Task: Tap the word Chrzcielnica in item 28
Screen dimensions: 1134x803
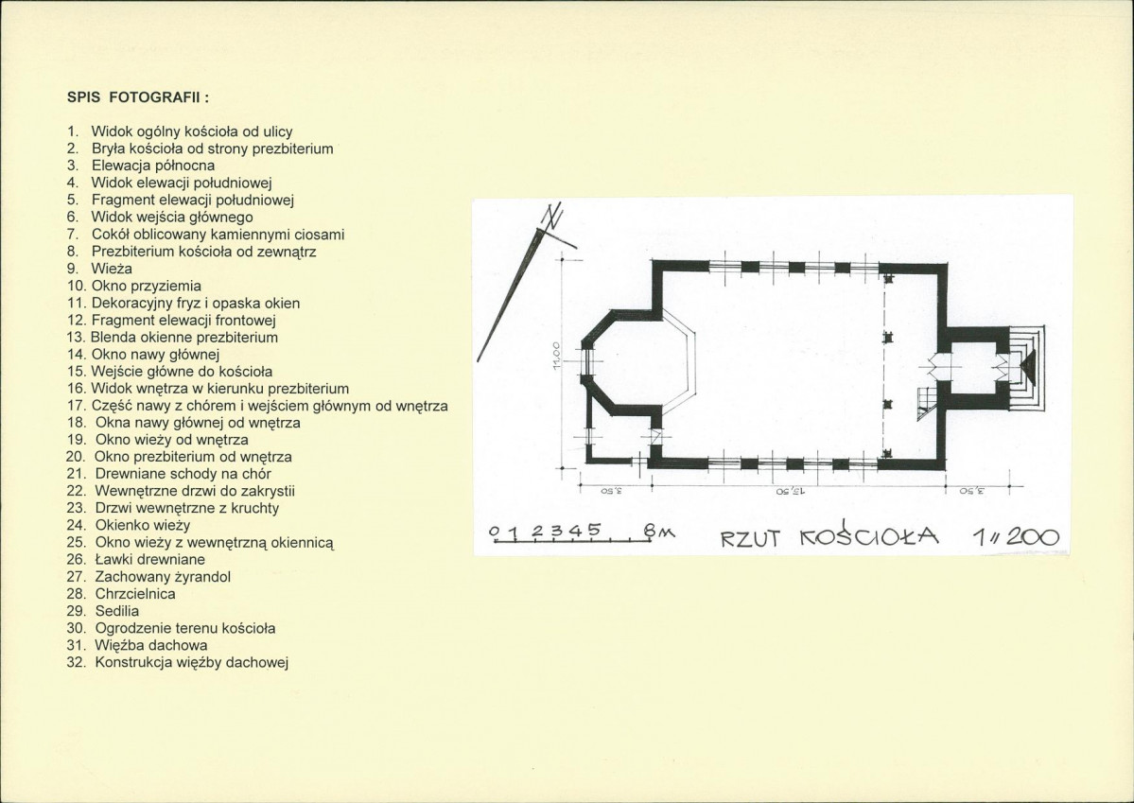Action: pos(135,594)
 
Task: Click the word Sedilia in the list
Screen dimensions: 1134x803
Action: pos(117,611)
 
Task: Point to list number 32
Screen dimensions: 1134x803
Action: pos(76,662)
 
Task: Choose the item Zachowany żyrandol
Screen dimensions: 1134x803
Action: pos(163,577)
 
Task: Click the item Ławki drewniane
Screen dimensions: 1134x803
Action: pos(149,559)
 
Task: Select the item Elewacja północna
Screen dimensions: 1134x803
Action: pos(152,166)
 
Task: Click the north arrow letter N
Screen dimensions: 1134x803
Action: pos(553,217)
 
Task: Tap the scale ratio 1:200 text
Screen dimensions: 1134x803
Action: pos(1016,536)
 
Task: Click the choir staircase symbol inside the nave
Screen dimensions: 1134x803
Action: pos(926,402)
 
